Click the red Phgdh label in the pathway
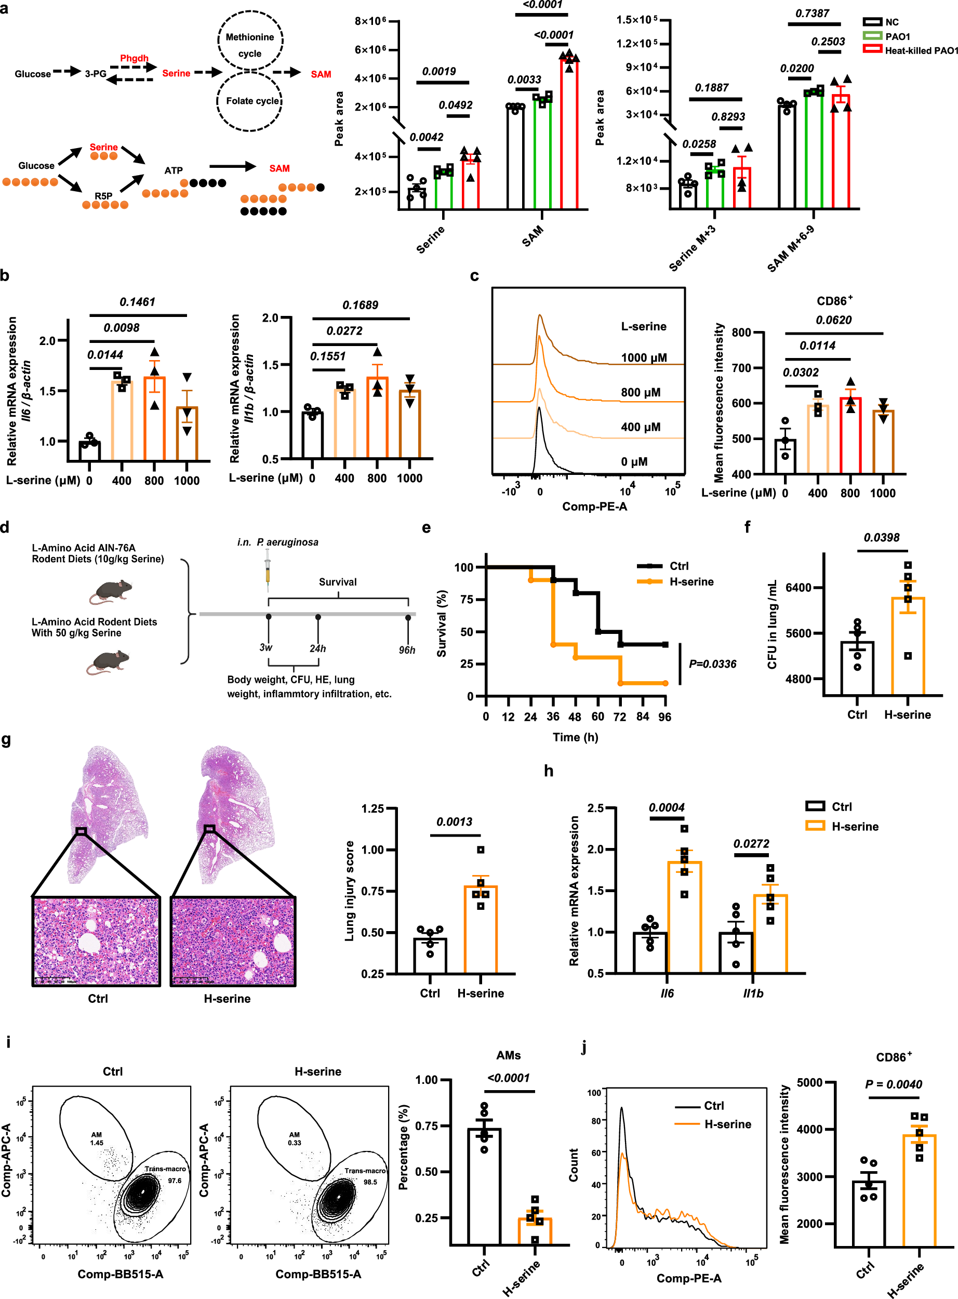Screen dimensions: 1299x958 [134, 58]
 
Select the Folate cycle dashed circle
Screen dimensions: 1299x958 [250, 101]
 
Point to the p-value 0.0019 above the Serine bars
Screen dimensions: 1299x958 [438, 71]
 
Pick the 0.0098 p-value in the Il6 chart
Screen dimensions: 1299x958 [121, 328]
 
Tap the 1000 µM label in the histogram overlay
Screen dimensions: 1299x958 [644, 358]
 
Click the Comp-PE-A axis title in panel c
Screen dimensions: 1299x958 [594, 507]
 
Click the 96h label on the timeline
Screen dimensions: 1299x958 [407, 650]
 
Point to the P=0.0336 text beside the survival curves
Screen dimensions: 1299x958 [712, 664]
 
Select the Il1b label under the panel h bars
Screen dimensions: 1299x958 [753, 993]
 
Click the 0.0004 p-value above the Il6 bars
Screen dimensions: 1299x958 [667, 807]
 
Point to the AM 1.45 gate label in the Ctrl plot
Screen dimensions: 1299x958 [96, 1138]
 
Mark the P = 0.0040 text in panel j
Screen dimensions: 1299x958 [893, 1084]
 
